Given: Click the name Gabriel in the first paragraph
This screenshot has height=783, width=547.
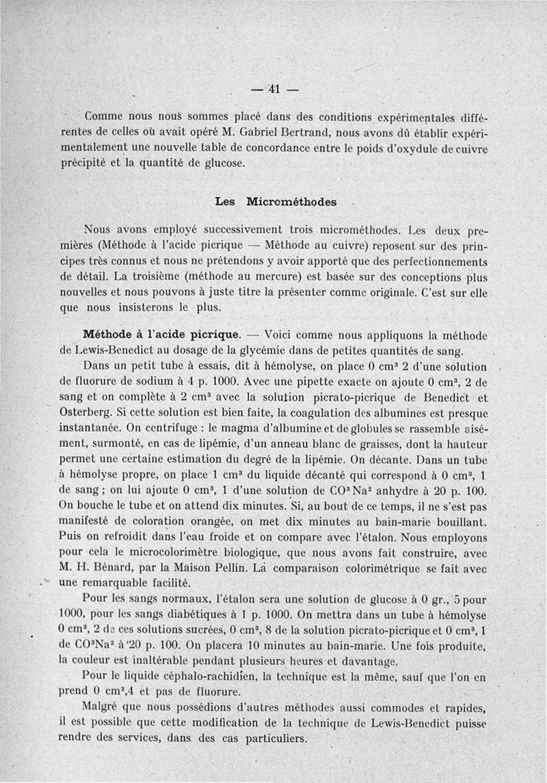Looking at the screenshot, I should [296, 132].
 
